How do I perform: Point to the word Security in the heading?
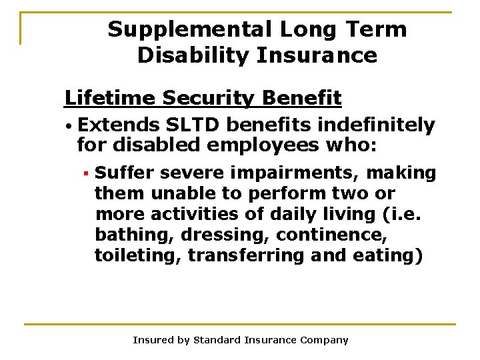[x=205, y=99]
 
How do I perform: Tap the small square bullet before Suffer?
[x=85, y=174]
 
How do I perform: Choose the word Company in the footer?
[x=323, y=340]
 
